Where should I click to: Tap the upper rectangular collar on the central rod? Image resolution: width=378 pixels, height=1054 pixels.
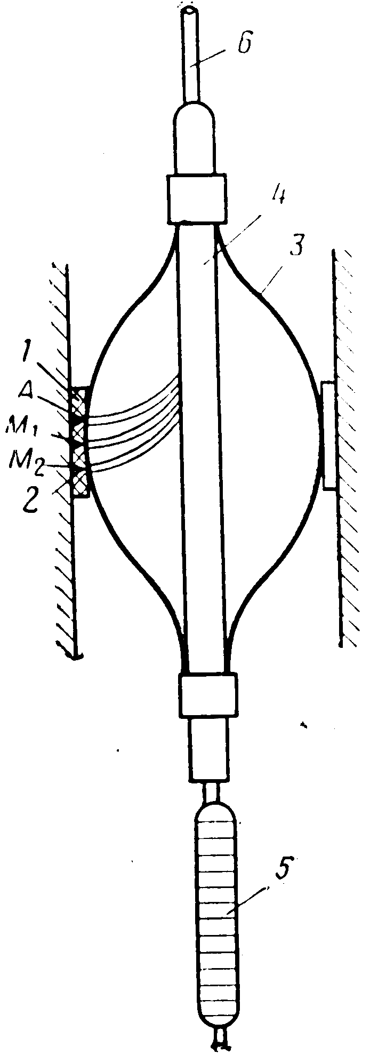pos(197,198)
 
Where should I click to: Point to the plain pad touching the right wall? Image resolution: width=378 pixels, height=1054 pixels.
pos(329,434)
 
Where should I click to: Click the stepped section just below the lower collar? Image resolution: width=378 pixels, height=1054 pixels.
pos(210,747)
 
